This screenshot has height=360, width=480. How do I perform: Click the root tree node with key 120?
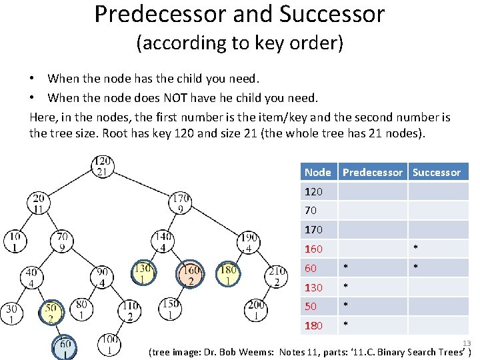[102, 166]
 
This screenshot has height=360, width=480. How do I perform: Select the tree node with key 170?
[181, 203]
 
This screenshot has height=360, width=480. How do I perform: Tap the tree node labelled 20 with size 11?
[39, 203]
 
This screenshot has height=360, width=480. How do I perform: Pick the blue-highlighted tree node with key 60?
[65, 347]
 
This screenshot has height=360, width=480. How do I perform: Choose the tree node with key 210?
[277, 276]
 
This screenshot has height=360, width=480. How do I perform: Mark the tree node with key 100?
[109, 343]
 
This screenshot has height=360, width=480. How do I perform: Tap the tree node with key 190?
[248, 241]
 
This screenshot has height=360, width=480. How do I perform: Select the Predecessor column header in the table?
[372, 172]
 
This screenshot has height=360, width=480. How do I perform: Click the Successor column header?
[437, 172]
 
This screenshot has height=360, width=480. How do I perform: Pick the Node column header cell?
[317, 172]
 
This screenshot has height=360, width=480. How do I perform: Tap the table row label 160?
[313, 249]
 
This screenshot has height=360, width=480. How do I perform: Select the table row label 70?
[311, 210]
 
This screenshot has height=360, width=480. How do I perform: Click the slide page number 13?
[467, 343]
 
